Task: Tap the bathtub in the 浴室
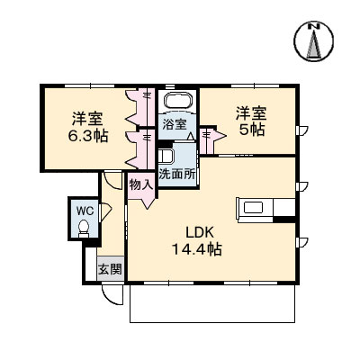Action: (177, 101)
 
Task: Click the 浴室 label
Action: (174, 124)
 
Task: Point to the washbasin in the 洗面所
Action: (166, 155)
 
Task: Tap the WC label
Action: (85, 211)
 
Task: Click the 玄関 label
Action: (109, 268)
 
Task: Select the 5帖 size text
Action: (252, 129)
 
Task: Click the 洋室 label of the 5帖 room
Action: (252, 112)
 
